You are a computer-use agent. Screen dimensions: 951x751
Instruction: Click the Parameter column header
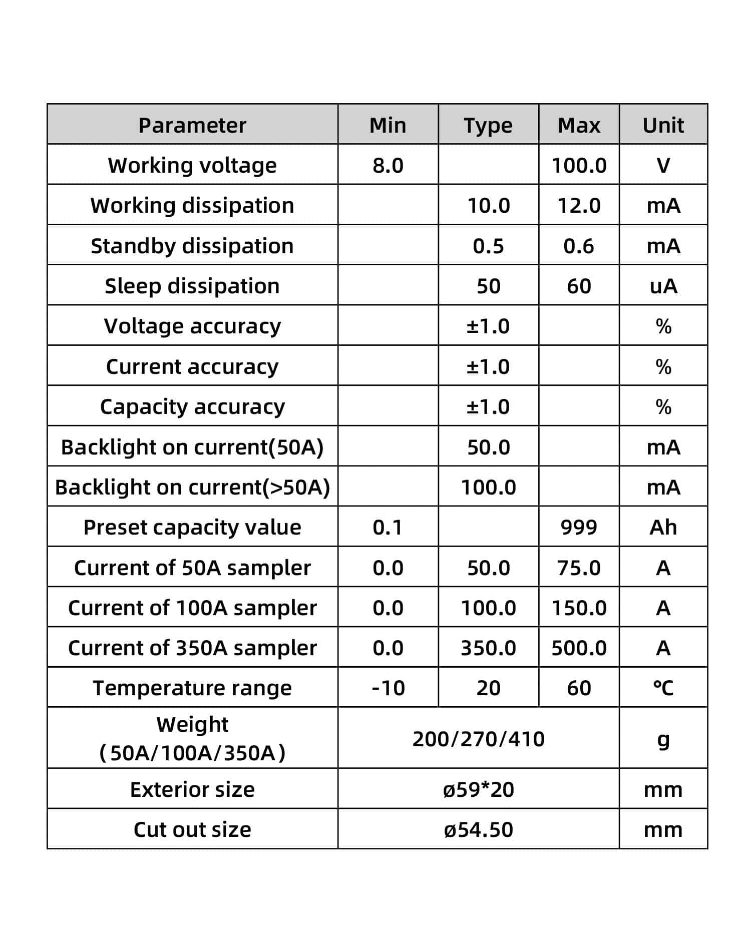(x=192, y=125)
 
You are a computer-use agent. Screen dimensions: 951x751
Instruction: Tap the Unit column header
(x=663, y=125)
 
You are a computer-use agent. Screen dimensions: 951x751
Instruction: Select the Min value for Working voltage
(x=388, y=165)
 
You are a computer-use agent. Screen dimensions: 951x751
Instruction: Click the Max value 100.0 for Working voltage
(x=579, y=165)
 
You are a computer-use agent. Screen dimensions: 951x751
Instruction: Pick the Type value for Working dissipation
(x=488, y=206)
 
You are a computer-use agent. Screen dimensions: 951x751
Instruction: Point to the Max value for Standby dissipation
(x=579, y=246)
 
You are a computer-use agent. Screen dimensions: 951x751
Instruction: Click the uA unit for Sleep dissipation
(x=663, y=286)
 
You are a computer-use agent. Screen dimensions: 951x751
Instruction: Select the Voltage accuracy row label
(x=192, y=326)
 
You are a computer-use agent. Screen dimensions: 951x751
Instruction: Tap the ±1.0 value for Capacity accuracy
(x=488, y=406)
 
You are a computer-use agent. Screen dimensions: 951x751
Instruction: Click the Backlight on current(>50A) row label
(x=192, y=487)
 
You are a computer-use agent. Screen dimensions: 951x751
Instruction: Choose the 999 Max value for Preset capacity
(x=579, y=527)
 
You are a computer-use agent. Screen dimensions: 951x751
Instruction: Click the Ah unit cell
(x=663, y=527)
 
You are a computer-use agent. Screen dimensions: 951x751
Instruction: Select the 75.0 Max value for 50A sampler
(x=579, y=568)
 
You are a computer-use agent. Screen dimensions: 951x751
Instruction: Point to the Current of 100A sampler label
(x=192, y=608)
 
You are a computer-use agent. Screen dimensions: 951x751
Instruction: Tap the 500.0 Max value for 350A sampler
(x=579, y=648)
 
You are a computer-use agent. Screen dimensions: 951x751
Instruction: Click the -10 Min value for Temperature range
(x=388, y=688)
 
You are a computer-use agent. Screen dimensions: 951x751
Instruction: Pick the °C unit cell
(x=663, y=688)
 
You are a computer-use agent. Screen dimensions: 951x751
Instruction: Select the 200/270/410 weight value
(x=478, y=739)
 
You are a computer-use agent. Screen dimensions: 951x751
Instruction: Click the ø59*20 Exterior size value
(x=478, y=789)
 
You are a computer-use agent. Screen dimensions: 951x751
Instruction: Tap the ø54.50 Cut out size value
(x=478, y=829)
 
